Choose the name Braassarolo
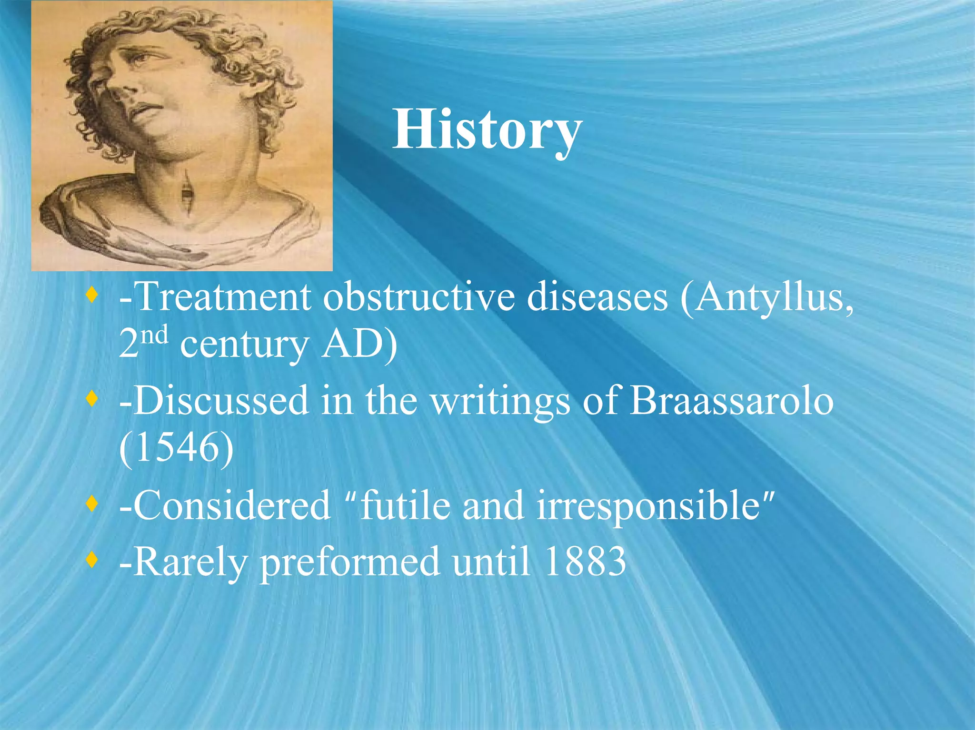click(x=731, y=401)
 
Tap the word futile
click(x=405, y=505)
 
